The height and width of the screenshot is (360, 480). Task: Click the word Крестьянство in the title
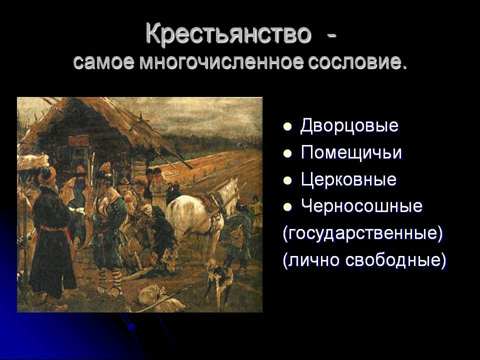coord(228,33)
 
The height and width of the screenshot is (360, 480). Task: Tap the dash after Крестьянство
coord(331,36)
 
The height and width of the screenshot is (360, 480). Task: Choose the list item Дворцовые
coord(349,126)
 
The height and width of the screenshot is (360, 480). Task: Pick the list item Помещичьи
coord(351,153)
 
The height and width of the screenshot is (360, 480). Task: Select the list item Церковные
coord(348,179)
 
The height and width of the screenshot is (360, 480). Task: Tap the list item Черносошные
coord(361,206)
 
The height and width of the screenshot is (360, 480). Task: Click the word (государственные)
coord(363,233)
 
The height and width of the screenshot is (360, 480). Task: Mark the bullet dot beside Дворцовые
coord(287,126)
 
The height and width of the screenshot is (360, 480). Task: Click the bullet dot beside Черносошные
coord(287,207)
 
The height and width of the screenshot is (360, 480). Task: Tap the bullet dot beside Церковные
coord(287,180)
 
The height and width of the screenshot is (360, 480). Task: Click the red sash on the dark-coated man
coord(55,230)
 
